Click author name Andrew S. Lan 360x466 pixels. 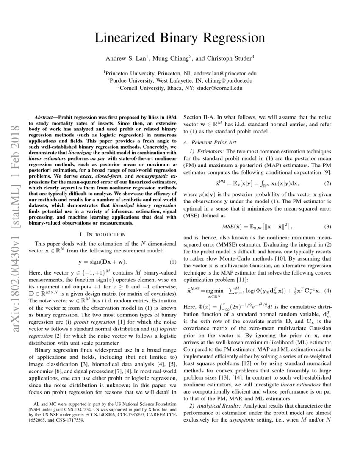(124, 58)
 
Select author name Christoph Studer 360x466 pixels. (231, 58)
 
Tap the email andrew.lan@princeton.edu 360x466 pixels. (224, 73)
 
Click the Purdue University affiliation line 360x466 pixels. (180, 80)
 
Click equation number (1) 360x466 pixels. (173, 261)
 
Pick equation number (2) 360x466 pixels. (327, 183)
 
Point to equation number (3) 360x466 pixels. (327, 227)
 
